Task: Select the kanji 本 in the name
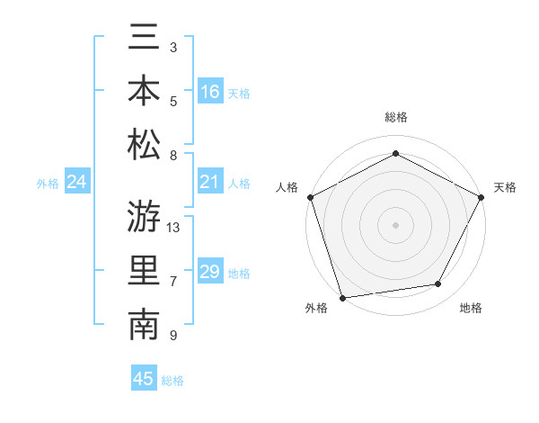pos(144,91)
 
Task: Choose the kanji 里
pos(144,272)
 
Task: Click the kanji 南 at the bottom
pos(144,325)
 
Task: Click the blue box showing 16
pos(210,92)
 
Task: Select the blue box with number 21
pos(210,183)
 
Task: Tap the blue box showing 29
pos(210,273)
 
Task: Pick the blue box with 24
pos(77,183)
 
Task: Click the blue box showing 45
pos(144,379)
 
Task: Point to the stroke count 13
pos(174,228)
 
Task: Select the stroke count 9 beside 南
pos(173,336)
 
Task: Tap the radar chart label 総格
pos(396,117)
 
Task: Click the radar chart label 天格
pos(505,187)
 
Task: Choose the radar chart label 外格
pos(316,308)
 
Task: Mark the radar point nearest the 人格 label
pos(310,196)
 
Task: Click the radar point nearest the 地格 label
pos(438,284)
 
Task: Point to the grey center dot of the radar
pos(396,224)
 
